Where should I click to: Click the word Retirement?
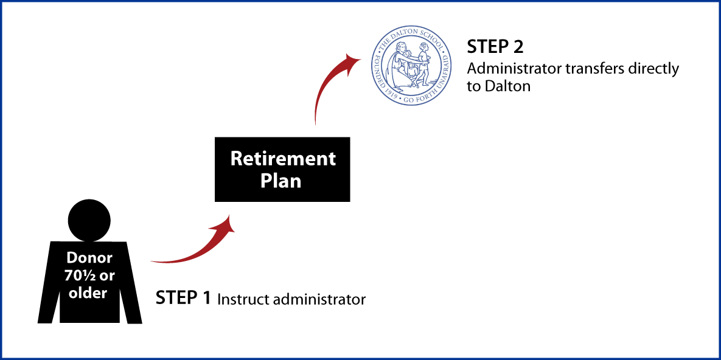pos(283,159)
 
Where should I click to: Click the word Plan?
pos(281,181)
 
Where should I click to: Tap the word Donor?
pos(89,257)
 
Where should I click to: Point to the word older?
pos(87,292)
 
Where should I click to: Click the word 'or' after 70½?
pos(107,275)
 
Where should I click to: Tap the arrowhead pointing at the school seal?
pos(352,60)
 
